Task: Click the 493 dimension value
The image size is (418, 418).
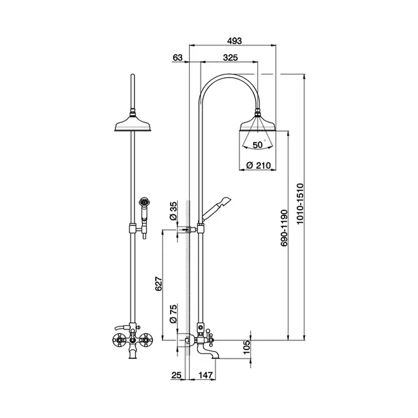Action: pyautogui.click(x=234, y=41)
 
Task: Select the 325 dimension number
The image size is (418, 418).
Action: pyautogui.click(x=230, y=58)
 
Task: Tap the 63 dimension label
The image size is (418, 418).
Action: pyautogui.click(x=178, y=58)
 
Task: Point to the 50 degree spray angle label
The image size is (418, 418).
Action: pyautogui.click(x=259, y=145)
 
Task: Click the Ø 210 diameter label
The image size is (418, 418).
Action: pyautogui.click(x=258, y=165)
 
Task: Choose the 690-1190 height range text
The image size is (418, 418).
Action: pyautogui.click(x=284, y=228)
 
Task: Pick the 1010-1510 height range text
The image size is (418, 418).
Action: pyautogui.click(x=300, y=204)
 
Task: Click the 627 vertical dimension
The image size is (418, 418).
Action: pyautogui.click(x=159, y=284)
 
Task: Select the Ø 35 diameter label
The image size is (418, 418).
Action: pyautogui.click(x=173, y=211)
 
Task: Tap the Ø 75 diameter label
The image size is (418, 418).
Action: pyautogui.click(x=173, y=314)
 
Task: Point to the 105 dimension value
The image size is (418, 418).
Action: pyautogui.click(x=247, y=347)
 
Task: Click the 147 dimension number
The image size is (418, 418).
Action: pyautogui.click(x=205, y=375)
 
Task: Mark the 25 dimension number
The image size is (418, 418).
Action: pyautogui.click(x=176, y=375)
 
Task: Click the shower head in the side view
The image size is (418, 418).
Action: pyautogui.click(x=258, y=123)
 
